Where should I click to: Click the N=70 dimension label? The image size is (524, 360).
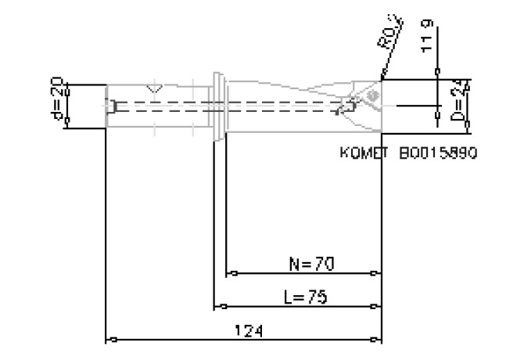coord(312,264)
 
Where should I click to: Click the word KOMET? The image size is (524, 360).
coord(364,154)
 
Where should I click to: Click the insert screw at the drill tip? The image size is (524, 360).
coord(371,95)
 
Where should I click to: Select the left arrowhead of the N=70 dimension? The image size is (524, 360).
coord(231,274)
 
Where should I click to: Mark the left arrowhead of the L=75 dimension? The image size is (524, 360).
coord(219,306)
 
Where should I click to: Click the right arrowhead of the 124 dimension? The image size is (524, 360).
coord(378,340)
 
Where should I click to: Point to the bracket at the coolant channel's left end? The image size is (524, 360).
coord(114,105)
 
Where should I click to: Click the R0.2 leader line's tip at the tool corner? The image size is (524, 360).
coord(382,79)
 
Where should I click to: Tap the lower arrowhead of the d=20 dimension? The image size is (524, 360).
coord(66,124)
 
